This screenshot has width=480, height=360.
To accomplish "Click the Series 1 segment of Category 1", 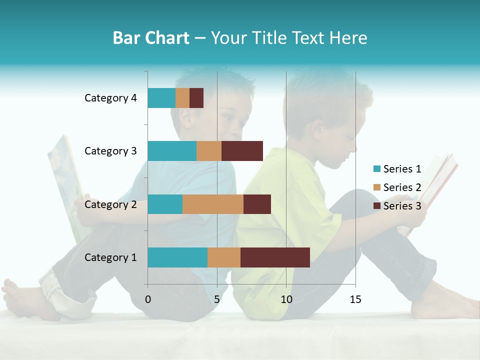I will point(177,257).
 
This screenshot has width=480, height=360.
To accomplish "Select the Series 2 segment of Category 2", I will point(213,204).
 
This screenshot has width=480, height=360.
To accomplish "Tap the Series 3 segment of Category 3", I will point(242,151).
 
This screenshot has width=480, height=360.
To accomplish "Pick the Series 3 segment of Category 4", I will point(196,98).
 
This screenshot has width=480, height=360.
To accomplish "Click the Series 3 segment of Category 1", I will point(275,257).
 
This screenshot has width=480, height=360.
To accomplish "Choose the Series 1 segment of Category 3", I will point(172,151).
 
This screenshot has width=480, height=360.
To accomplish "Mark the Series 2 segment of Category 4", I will point(182,98).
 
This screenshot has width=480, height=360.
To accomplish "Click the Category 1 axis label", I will point(110,257).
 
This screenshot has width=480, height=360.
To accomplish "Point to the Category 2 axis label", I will point(110,204).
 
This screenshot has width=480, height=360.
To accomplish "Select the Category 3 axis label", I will point(110,151).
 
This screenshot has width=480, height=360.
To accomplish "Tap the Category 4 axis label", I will point(110,98).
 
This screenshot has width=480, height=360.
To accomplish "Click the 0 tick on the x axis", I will point(148,299).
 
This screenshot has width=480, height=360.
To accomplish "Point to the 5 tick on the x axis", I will point(217,299).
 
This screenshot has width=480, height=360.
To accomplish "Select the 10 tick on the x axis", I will point(286,299).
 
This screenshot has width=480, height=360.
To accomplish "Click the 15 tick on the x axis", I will point(355,299).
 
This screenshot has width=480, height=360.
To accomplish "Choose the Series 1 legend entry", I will point(397,169).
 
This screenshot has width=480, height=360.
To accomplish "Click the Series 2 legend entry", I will point(397,187).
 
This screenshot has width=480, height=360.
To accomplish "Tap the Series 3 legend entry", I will point(397,205).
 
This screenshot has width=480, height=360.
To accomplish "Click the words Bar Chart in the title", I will point(151,38).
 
